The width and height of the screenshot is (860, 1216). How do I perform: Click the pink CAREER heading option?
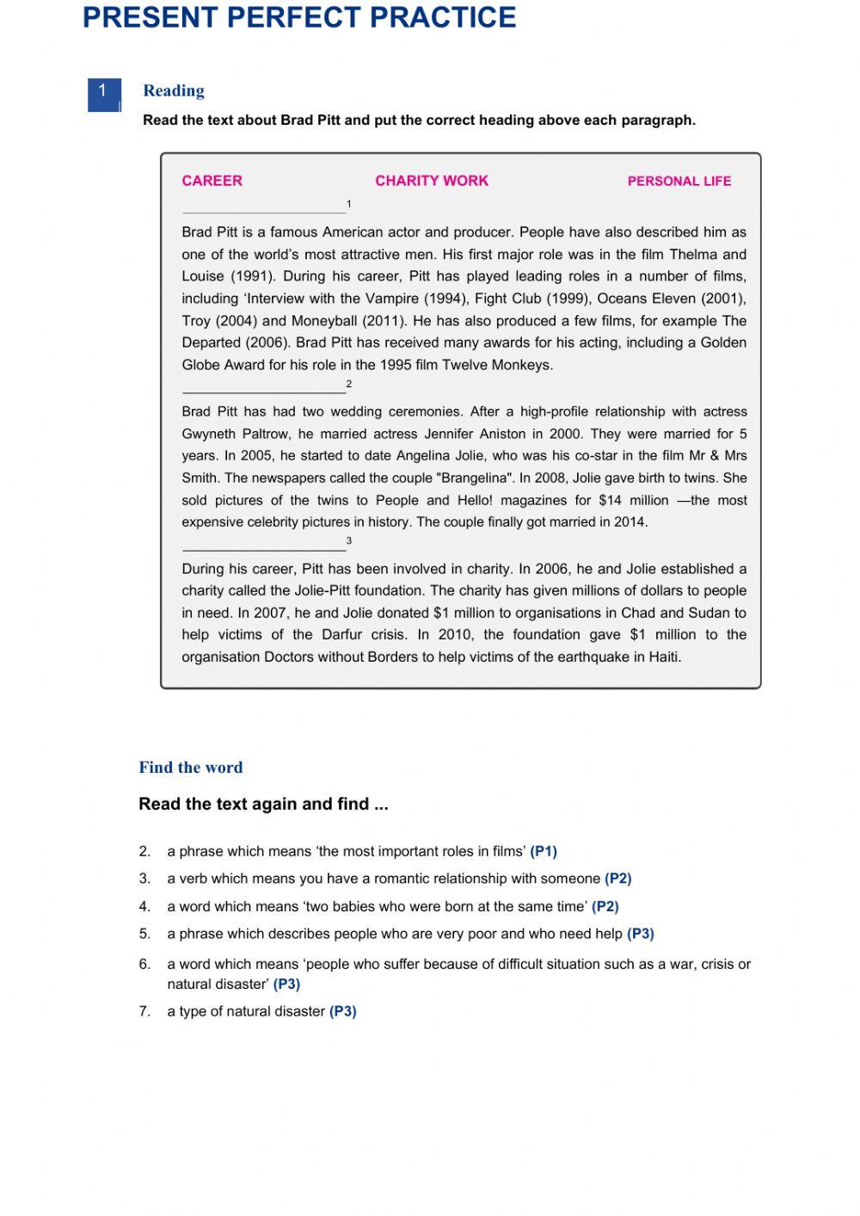212,181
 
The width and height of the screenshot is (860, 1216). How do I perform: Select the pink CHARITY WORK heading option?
431,181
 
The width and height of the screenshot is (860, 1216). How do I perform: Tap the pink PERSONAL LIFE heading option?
679,182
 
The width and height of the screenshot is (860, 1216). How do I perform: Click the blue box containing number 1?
103,94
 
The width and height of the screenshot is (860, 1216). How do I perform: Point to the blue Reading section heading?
174,90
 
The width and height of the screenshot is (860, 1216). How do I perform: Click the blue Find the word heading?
191,768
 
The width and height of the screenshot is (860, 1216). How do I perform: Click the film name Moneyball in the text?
324,321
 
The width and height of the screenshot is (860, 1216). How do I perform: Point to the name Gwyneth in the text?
209,434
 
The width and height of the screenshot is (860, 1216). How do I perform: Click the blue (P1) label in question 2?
544,852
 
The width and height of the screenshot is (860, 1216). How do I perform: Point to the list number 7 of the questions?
144,1012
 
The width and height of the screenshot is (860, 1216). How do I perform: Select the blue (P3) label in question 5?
641,934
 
